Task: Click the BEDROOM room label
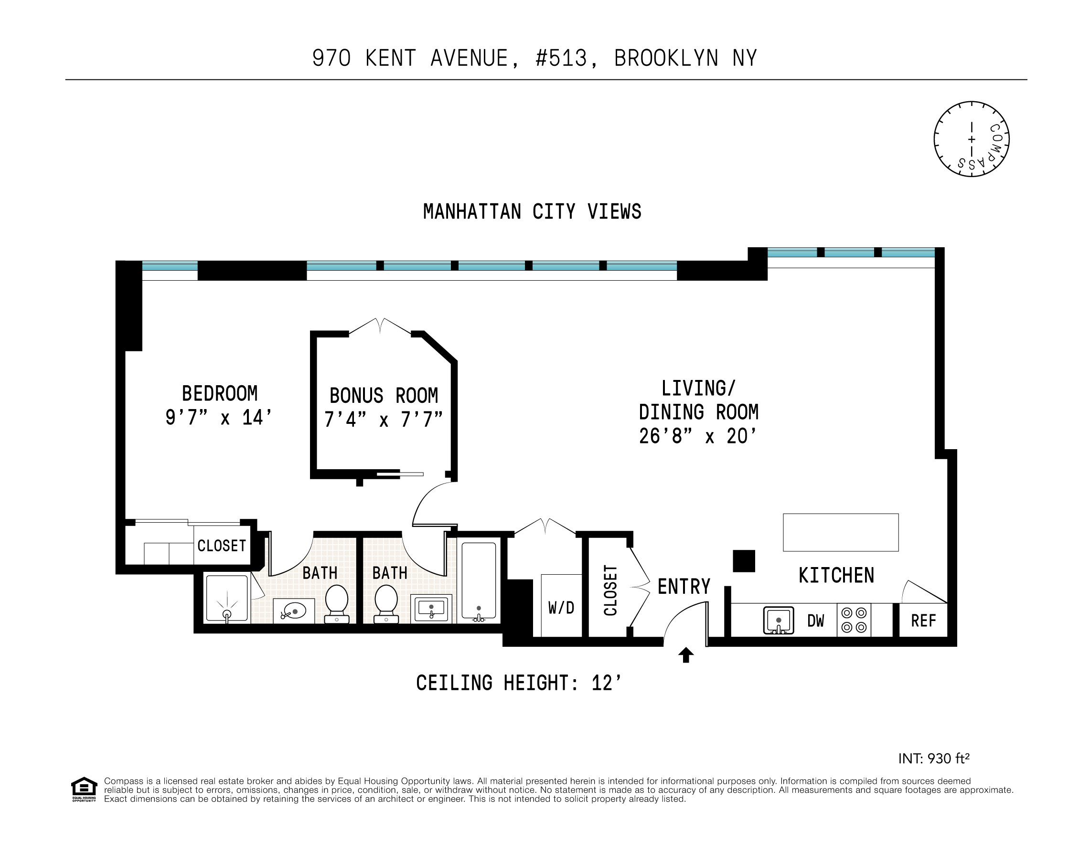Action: (220, 394)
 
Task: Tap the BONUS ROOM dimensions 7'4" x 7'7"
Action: (383, 420)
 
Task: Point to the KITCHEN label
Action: (836, 576)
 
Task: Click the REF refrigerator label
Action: (923, 621)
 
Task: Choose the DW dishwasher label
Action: (815, 621)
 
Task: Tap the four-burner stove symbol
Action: (854, 620)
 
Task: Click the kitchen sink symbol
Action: (779, 621)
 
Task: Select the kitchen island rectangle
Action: (841, 533)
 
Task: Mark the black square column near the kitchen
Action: (744, 561)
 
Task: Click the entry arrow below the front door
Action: (686, 655)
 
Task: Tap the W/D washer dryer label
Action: (561, 608)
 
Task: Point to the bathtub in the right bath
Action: (479, 581)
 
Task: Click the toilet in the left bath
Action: (336, 602)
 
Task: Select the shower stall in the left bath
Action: (227, 599)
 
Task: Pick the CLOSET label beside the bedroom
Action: (222, 546)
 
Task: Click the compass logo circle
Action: (971, 139)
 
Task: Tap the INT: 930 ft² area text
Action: (934, 758)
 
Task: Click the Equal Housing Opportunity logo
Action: (84, 789)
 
